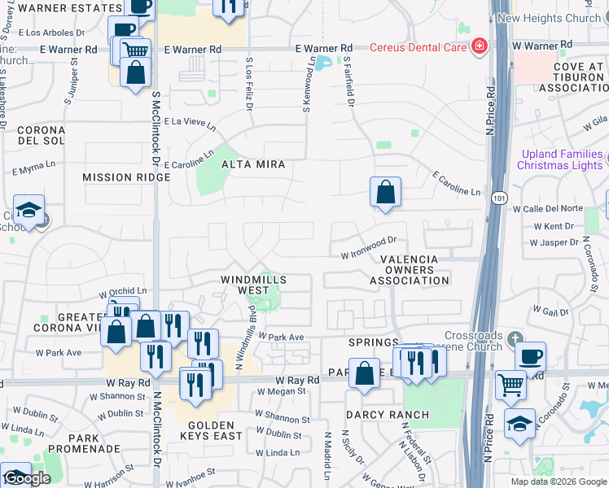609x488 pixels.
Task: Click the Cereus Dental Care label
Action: [418, 46]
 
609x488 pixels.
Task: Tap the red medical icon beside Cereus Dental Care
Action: [480, 46]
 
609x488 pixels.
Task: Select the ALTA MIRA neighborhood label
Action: [254, 164]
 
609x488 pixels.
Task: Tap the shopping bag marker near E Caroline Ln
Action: [386, 193]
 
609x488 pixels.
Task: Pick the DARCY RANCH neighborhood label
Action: [388, 415]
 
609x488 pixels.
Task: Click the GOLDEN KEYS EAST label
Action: [210, 430]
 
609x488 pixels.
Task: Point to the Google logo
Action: [27, 479]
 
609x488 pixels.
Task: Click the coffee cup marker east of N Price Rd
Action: [530, 355]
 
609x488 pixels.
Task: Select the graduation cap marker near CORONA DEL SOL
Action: [28, 211]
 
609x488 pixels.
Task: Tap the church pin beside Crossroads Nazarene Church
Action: [514, 337]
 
